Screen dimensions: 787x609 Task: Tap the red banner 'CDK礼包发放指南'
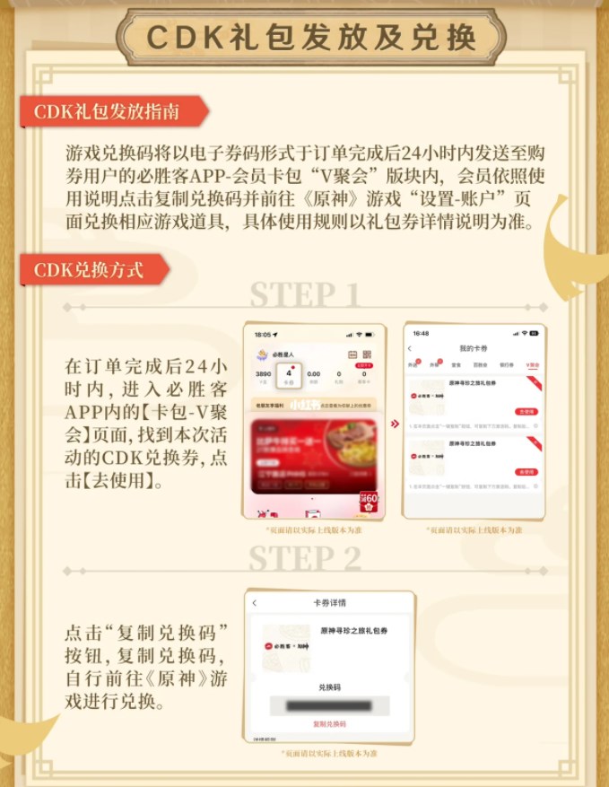pyautogui.click(x=107, y=112)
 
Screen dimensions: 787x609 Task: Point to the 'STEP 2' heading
pyautogui.click(x=304, y=558)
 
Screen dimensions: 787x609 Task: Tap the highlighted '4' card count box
pyautogui.click(x=289, y=375)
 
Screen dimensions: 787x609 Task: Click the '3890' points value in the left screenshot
pyautogui.click(x=263, y=373)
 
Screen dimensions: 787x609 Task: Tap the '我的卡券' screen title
pyautogui.click(x=473, y=348)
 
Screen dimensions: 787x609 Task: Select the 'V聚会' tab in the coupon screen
pyautogui.click(x=533, y=366)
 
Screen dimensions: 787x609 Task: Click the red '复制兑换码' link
pyautogui.click(x=329, y=723)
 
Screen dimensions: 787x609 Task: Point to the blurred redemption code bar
pyautogui.click(x=329, y=705)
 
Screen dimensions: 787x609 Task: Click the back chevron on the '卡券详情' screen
pyautogui.click(x=255, y=603)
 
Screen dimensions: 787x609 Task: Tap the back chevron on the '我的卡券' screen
pyautogui.click(x=411, y=348)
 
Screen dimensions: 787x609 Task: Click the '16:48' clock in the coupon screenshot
pyautogui.click(x=421, y=333)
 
